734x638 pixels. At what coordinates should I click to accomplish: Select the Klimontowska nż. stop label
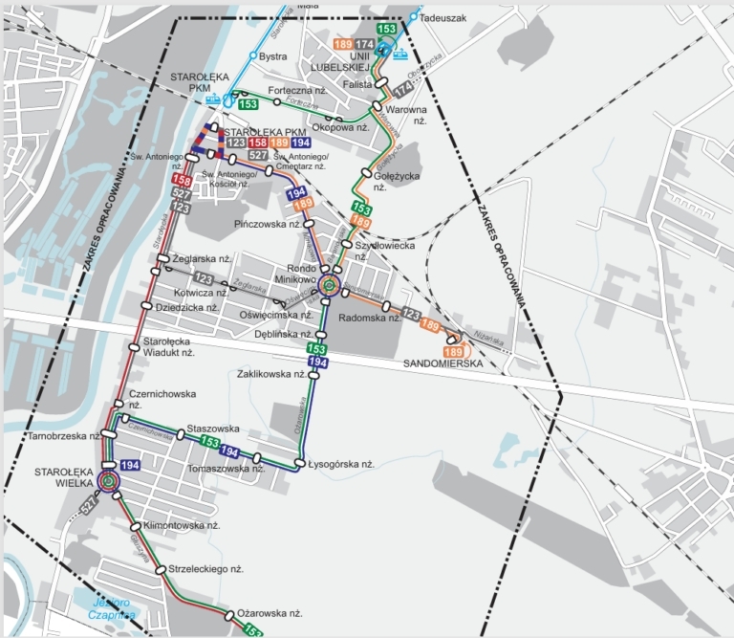pos(181,526)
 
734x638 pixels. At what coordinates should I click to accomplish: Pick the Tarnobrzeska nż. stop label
pos(60,436)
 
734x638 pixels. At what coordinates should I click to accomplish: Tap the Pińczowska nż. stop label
pos(270,223)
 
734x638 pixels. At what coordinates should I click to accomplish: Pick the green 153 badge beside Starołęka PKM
pos(248,103)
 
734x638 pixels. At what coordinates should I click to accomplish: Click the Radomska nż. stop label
pos(369,318)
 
